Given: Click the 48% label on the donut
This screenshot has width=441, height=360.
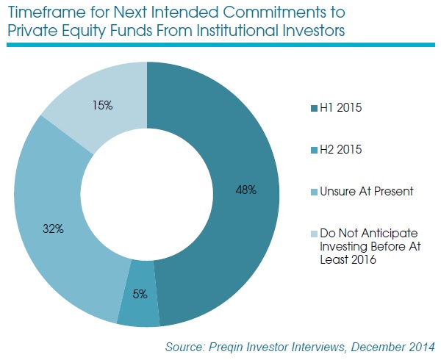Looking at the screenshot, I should [245, 190].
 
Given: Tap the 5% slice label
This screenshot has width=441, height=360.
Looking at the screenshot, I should [140, 294].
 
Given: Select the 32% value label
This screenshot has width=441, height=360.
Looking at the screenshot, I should [54, 229].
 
